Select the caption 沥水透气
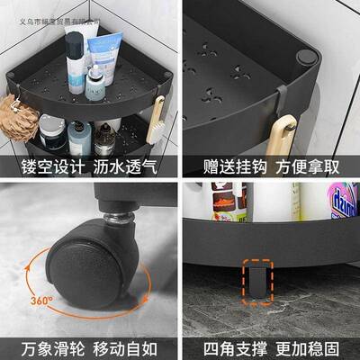(127, 167)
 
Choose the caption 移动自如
(127, 346)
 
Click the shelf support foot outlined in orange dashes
(256, 278)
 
